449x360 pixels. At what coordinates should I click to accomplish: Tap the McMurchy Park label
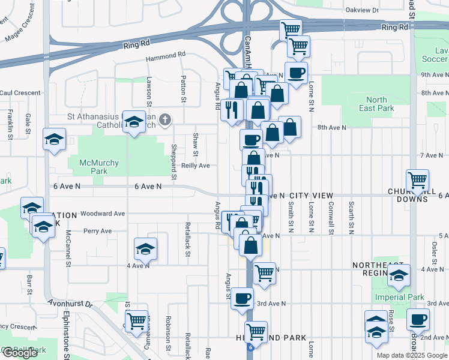(88, 167)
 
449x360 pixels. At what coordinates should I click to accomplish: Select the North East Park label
(376, 104)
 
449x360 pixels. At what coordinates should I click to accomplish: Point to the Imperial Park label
(399, 297)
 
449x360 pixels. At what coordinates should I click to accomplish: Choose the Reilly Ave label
(196, 166)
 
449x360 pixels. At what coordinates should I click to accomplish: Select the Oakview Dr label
(363, 10)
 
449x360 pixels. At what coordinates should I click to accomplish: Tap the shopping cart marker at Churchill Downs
(417, 179)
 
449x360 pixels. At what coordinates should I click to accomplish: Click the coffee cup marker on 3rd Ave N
(243, 298)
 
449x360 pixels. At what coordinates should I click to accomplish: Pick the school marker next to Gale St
(54, 139)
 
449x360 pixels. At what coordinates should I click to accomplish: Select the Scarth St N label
(351, 218)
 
